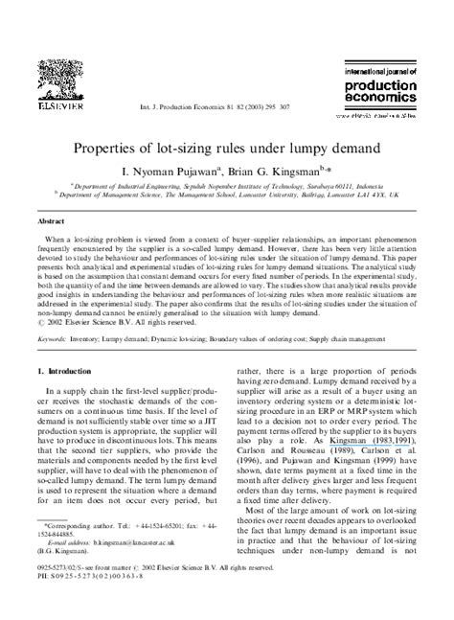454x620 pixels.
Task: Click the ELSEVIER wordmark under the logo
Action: [58, 109]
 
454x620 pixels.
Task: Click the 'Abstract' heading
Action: [51, 220]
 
